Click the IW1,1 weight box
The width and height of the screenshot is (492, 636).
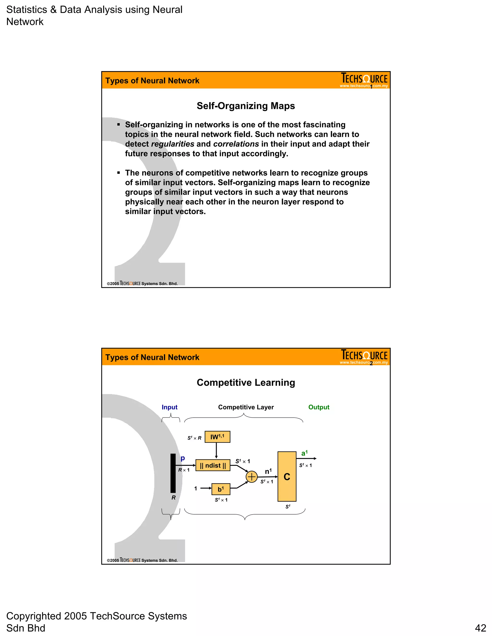pos(217,437)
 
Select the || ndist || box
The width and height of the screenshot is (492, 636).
pos(213,465)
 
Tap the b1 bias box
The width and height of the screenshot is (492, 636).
pos(221,489)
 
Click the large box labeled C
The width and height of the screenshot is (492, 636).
pos(287,476)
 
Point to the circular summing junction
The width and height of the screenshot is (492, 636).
pos(252,477)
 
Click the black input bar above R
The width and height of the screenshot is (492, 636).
pos(173,473)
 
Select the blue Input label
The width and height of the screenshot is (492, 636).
pos(169,407)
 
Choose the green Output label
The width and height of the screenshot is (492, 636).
pos(319,407)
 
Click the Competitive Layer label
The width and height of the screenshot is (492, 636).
pos(246,407)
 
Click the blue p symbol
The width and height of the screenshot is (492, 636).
pos(183,458)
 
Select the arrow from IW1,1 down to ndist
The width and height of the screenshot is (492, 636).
pos(216,450)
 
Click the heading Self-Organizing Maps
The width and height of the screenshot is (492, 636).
pos(246,106)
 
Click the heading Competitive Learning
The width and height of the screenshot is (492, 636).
pos(246,382)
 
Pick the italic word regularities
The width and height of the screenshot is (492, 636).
pos(172,144)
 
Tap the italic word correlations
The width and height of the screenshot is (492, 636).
pos(236,144)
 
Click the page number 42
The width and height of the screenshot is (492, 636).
pos(480,628)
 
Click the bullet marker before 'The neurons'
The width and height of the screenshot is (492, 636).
pos(119,173)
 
